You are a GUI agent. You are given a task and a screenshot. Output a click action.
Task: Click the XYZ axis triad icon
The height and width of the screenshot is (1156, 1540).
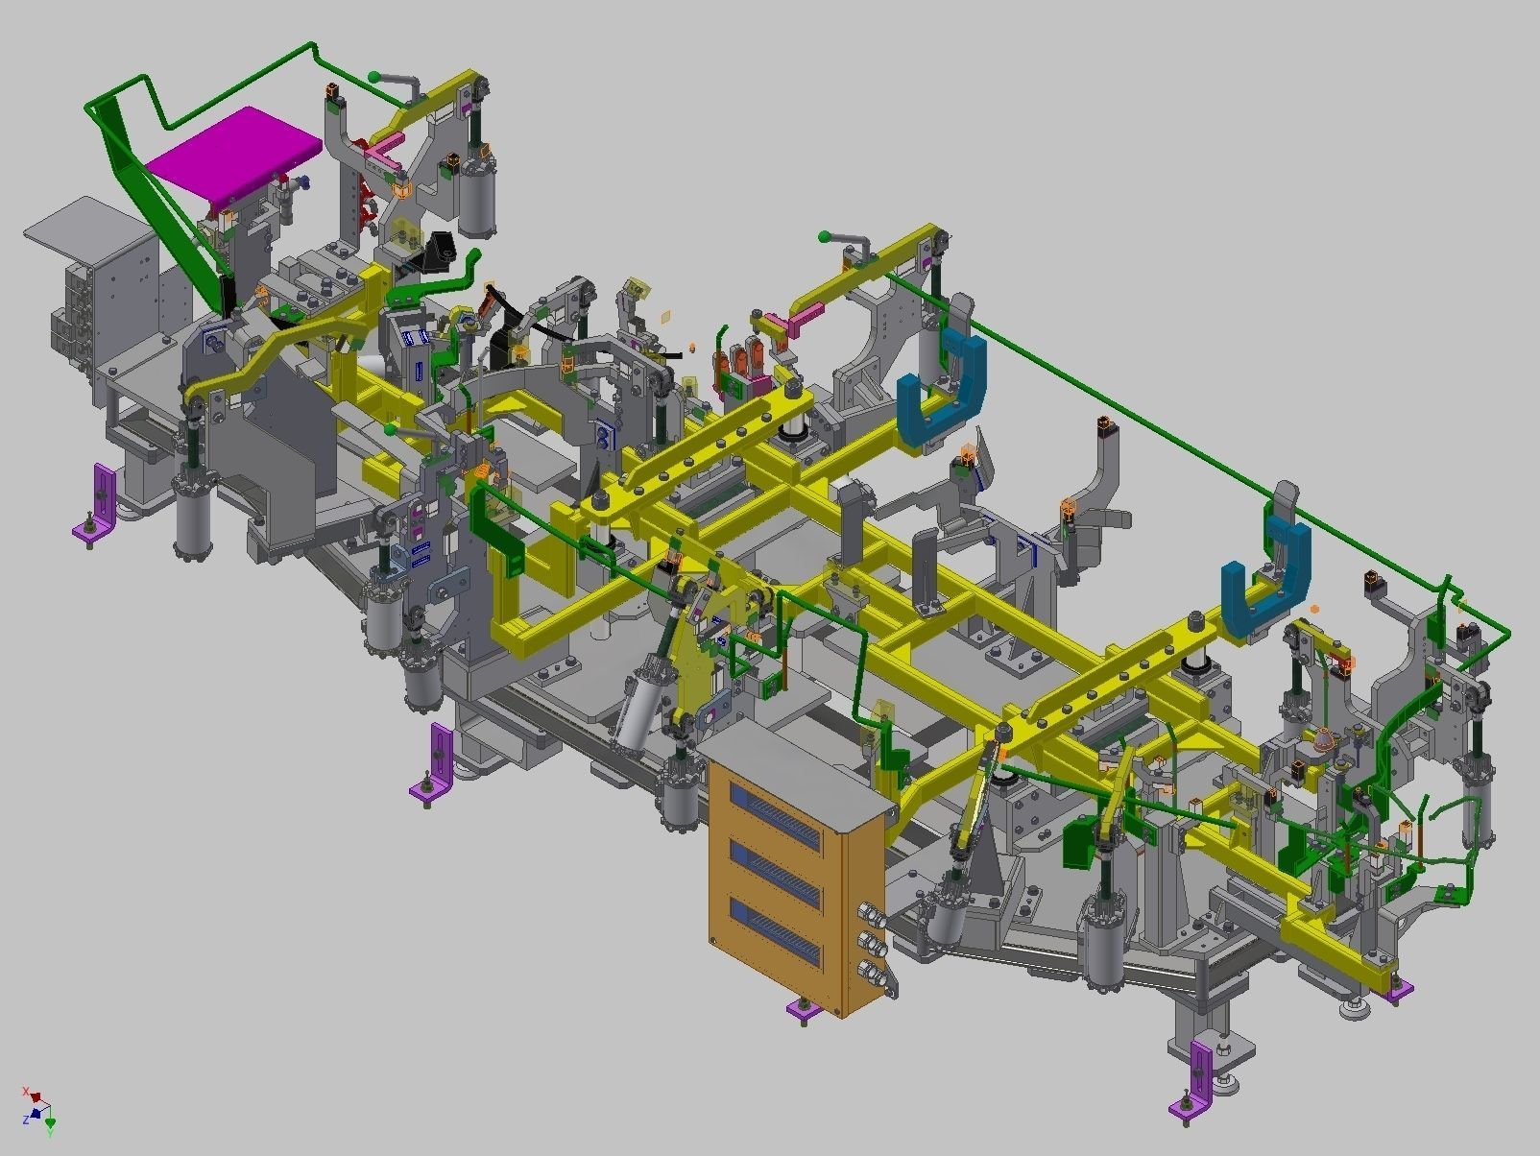[x=39, y=1109]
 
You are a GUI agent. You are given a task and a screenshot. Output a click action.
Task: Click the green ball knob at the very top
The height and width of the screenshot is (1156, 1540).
[x=373, y=77]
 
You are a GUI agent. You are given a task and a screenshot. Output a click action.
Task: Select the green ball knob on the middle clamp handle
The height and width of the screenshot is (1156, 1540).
[x=824, y=236]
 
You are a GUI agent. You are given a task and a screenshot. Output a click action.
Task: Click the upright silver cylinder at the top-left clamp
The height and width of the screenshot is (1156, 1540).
[x=477, y=197]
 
